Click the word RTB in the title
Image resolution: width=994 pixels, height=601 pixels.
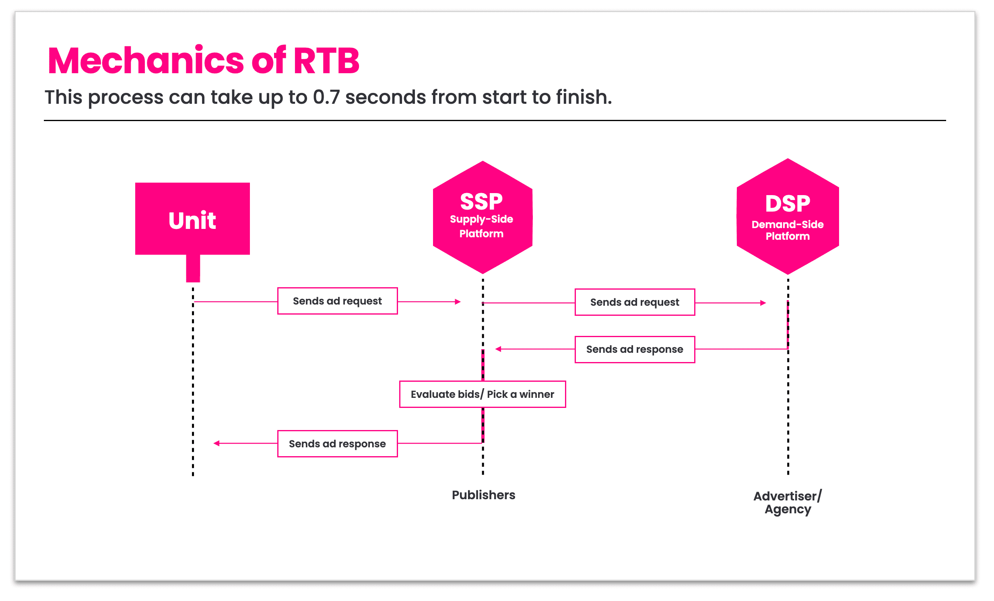(326, 61)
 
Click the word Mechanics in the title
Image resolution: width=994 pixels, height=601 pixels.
(146, 61)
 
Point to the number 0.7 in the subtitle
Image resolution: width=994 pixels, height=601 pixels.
(326, 97)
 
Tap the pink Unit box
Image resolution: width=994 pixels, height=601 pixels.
(192, 218)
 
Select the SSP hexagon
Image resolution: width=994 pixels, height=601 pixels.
(483, 217)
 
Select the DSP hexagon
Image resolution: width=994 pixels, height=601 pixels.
(788, 216)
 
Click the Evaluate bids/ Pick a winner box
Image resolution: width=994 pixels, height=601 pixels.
(483, 394)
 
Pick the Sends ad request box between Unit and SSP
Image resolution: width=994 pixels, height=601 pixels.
(338, 301)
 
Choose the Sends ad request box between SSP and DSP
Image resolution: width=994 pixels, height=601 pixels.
(635, 302)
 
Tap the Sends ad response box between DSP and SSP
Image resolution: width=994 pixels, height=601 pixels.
(635, 349)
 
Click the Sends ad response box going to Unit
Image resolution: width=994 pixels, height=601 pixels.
(338, 444)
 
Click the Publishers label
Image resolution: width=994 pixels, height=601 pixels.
(483, 495)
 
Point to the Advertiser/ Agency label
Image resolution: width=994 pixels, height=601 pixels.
(788, 502)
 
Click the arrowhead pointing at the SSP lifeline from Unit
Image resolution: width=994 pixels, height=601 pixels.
(458, 302)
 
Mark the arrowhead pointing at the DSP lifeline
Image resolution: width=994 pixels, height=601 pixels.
(763, 303)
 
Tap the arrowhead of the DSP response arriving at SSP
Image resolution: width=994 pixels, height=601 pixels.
(498, 349)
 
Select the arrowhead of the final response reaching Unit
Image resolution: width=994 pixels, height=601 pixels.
(217, 443)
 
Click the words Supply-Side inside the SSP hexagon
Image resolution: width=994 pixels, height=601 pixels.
(481, 219)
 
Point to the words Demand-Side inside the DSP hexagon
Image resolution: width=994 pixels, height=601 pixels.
(788, 224)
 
